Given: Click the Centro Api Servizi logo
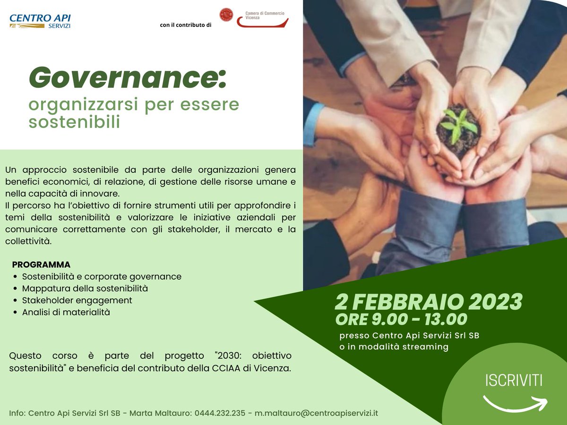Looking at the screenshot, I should tap(40, 21).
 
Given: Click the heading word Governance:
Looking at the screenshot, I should tap(128, 77).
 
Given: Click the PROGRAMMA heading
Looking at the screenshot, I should tap(41, 264).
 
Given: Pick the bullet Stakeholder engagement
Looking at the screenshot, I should tap(77, 300).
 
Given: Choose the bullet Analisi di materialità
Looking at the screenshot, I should tap(66, 312).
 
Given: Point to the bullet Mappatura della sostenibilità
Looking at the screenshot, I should tap(85, 288).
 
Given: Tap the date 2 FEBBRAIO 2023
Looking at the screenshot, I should tap(429, 301).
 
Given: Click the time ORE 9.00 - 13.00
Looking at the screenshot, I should tap(401, 320).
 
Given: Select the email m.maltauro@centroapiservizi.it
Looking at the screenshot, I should tap(317, 413).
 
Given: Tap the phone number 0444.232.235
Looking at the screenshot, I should tap(220, 413).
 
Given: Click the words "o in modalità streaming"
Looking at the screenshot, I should tap(394, 347).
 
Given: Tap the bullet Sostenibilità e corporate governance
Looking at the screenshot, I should tap(102, 276).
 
